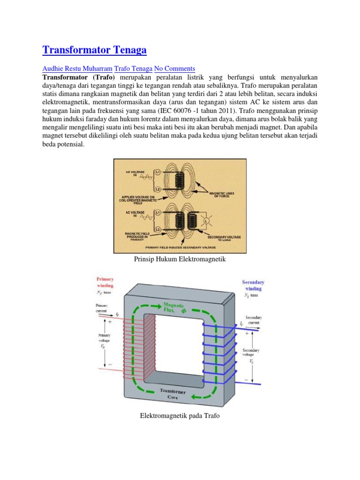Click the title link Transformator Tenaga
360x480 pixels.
coord(95,50)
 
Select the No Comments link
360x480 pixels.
coord(174,68)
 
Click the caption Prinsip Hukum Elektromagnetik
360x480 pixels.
coord(180,259)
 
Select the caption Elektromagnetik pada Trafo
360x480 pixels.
coord(180,416)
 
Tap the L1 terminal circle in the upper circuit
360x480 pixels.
coord(158,173)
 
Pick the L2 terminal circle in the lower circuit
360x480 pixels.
coord(158,229)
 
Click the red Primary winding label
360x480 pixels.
coord(105,282)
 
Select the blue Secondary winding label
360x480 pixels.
coord(253,285)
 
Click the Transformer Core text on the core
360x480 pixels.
coord(173,394)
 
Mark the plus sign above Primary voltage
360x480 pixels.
coord(110,322)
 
